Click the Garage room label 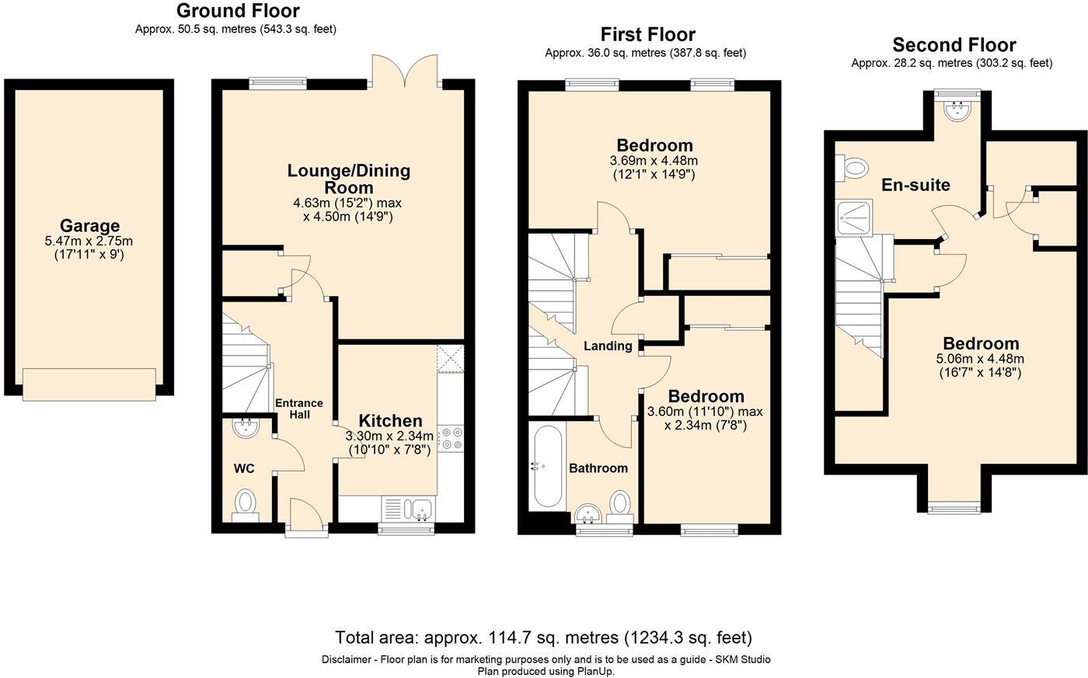click(x=90, y=227)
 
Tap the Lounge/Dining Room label click(x=348, y=179)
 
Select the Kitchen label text click(x=390, y=421)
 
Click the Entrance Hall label click(x=299, y=409)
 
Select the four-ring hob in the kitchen click(x=451, y=438)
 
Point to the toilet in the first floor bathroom click(x=619, y=502)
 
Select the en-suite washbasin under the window click(x=957, y=110)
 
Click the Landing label click(x=608, y=346)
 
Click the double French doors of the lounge click(x=404, y=68)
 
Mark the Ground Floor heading click(x=237, y=11)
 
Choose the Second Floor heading click(x=954, y=44)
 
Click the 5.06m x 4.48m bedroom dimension click(x=980, y=359)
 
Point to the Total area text click(x=543, y=638)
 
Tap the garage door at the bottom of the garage click(x=89, y=382)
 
